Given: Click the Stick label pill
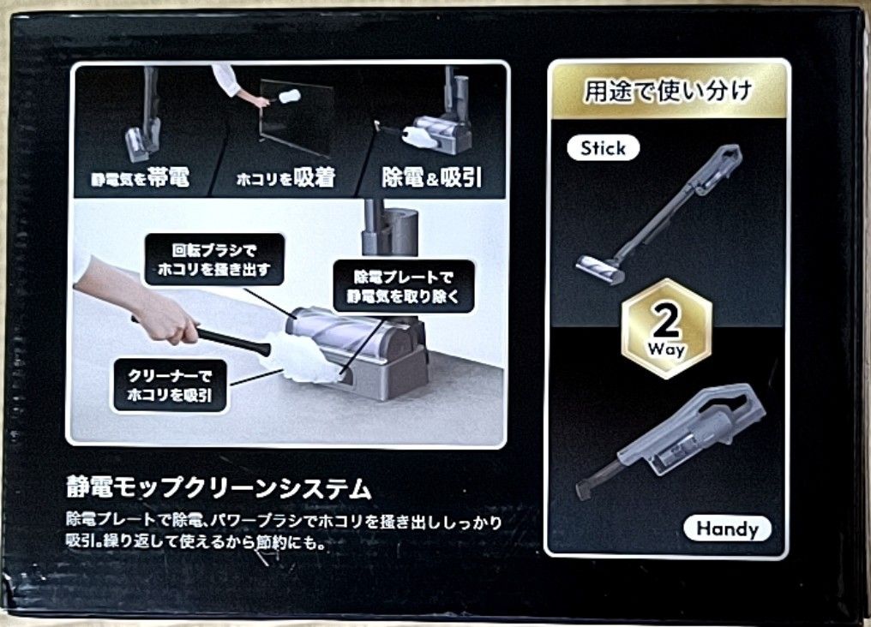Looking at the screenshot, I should pyautogui.click(x=604, y=148).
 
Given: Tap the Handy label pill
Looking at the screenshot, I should pyautogui.click(x=727, y=528).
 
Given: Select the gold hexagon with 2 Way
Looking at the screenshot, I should pyautogui.click(x=667, y=328).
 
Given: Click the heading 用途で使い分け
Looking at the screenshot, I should pyautogui.click(x=667, y=91).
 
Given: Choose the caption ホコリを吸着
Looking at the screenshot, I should pyautogui.click(x=285, y=178).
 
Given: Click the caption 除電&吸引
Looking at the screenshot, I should pyautogui.click(x=431, y=177).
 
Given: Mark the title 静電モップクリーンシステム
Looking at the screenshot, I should pyautogui.click(x=219, y=490).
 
